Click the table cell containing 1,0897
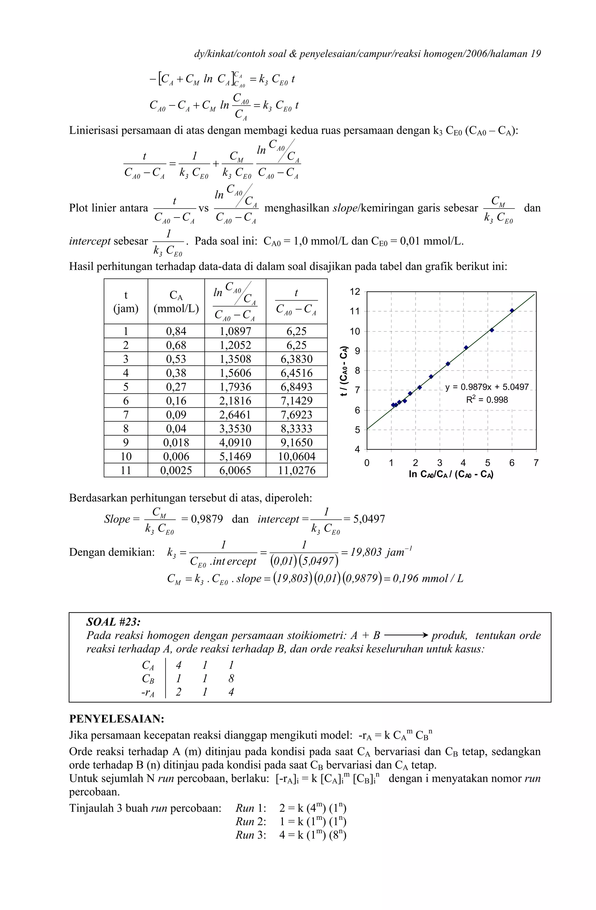pyautogui.click(x=235, y=331)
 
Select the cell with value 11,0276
pyautogui.click(x=297, y=470)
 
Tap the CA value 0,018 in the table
pyautogui.click(x=176, y=442)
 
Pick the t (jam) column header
pyautogui.click(x=125, y=302)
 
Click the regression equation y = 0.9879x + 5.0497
pyautogui.click(x=487, y=387)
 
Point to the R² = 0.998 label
pyautogui.click(x=487, y=400)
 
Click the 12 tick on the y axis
pyautogui.click(x=355, y=292)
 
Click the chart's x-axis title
pyautogui.click(x=450, y=475)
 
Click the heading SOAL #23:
pyautogui.click(x=113, y=622)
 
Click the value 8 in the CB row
pyautogui.click(x=231, y=678)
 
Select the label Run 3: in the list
pyautogui.click(x=251, y=835)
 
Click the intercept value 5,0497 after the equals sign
pyautogui.click(x=369, y=519)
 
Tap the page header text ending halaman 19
pyautogui.click(x=367, y=54)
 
